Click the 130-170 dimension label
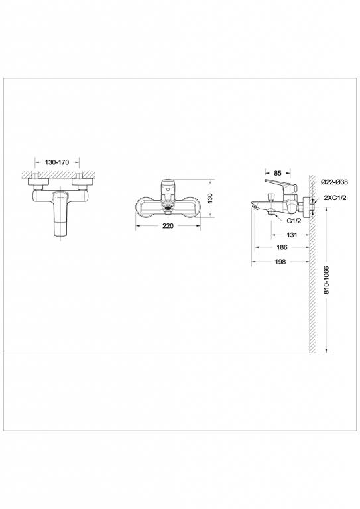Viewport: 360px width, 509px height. tap(57, 161)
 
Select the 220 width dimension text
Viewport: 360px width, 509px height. tap(168, 226)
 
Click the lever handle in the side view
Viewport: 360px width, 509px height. tap(279, 184)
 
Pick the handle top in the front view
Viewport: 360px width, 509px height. tap(168, 184)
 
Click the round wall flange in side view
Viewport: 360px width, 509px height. tap(306, 205)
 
